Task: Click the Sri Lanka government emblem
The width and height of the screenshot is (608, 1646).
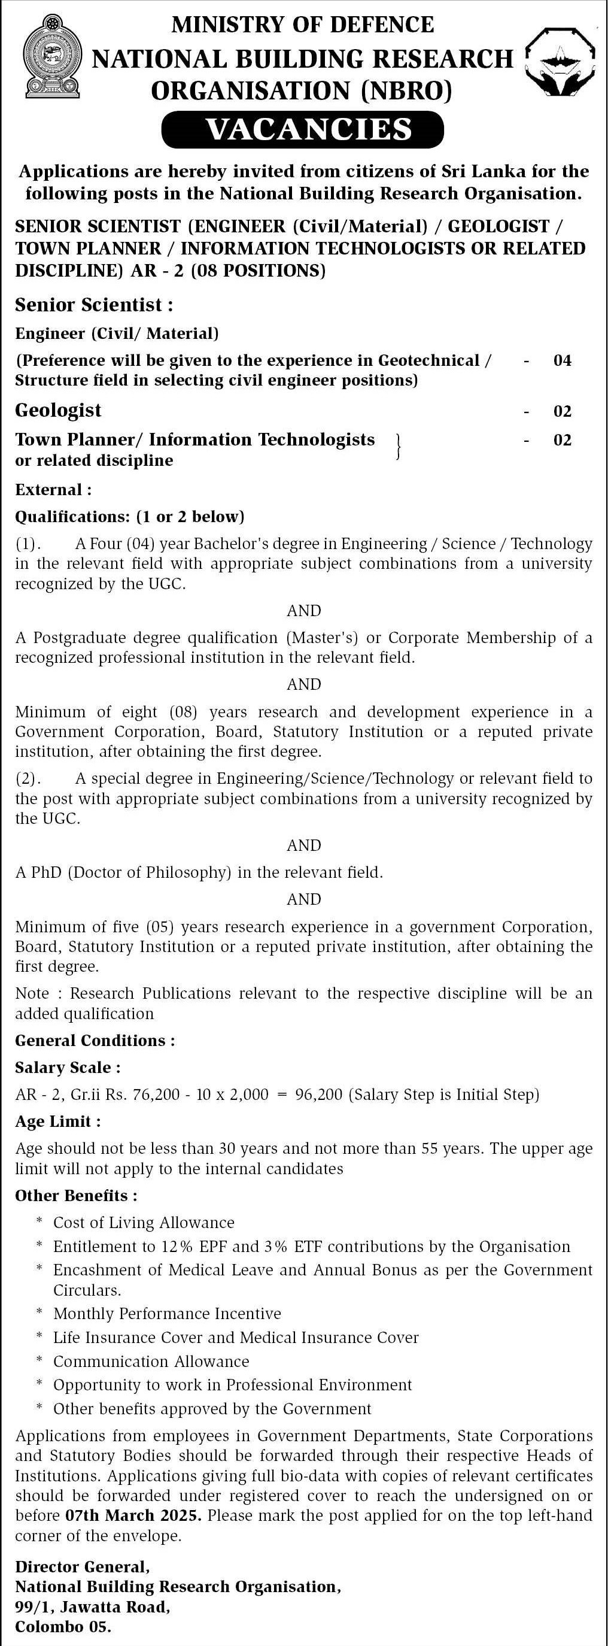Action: click(x=51, y=57)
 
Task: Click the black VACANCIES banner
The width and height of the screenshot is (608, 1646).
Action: click(x=303, y=129)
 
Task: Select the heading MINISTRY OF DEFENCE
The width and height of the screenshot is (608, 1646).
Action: click(x=303, y=25)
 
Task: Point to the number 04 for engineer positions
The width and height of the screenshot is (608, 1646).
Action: click(x=562, y=361)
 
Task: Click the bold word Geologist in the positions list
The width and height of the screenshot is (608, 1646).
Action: click(x=58, y=410)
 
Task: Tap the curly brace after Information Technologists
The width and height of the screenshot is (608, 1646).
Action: click(x=398, y=446)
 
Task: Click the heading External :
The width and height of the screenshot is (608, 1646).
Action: click(x=54, y=490)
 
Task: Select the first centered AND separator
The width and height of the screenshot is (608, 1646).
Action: click(x=303, y=610)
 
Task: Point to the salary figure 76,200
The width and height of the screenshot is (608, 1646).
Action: click(x=156, y=1095)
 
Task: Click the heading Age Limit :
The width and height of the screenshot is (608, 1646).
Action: click(x=57, y=1121)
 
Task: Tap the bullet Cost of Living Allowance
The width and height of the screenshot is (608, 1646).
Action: click(x=144, y=1222)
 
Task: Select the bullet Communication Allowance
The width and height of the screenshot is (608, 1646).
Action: click(x=151, y=1362)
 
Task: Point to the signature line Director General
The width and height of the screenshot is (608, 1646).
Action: click(x=83, y=1567)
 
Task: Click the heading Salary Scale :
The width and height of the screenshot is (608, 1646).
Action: click(x=68, y=1068)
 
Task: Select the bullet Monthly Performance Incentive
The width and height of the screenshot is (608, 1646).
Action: click(x=167, y=1313)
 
